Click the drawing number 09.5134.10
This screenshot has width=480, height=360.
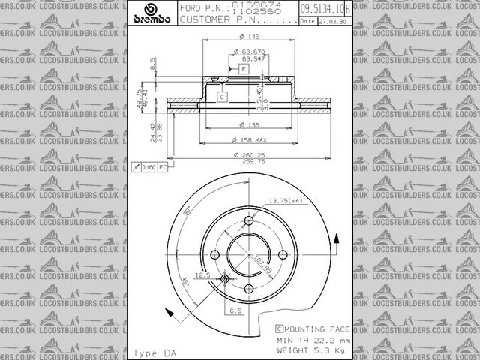tap(322, 9)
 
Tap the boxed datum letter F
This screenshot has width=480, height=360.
tap(244, 68)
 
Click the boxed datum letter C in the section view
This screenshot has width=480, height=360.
tap(223, 97)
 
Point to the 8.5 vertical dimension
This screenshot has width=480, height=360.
tap(153, 64)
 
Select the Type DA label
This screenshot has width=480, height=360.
tap(154, 352)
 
